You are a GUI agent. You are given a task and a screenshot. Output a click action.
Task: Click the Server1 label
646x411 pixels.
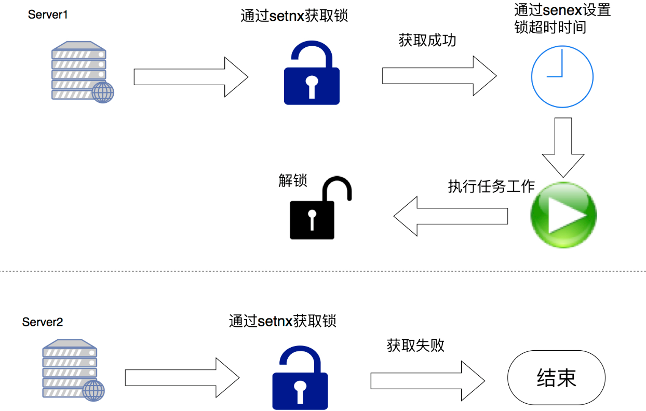(x=48, y=15)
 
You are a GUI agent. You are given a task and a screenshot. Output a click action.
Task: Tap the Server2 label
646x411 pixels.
(x=43, y=322)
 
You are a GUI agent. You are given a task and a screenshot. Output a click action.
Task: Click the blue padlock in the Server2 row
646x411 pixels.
(x=300, y=379)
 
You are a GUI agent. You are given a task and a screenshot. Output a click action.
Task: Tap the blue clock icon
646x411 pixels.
(x=562, y=77)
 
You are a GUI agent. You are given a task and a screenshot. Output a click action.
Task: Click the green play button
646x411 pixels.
(x=563, y=215)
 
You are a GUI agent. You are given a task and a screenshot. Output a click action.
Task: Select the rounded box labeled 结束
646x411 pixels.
(x=556, y=378)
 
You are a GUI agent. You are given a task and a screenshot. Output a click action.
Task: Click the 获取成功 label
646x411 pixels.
(x=427, y=41)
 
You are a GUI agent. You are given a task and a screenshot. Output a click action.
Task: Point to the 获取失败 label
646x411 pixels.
(x=415, y=346)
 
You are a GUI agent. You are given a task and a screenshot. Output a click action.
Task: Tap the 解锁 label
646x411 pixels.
(x=293, y=180)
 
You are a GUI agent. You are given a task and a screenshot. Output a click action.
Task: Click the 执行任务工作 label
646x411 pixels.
(x=491, y=187)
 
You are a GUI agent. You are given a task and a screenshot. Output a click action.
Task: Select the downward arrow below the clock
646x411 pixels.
(x=563, y=146)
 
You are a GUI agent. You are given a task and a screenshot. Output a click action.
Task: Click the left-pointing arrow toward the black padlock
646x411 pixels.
(x=450, y=216)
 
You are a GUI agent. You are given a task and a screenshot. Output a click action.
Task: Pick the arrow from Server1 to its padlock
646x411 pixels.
(x=191, y=77)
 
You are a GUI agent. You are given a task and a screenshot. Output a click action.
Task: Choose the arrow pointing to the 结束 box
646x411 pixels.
(x=427, y=381)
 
